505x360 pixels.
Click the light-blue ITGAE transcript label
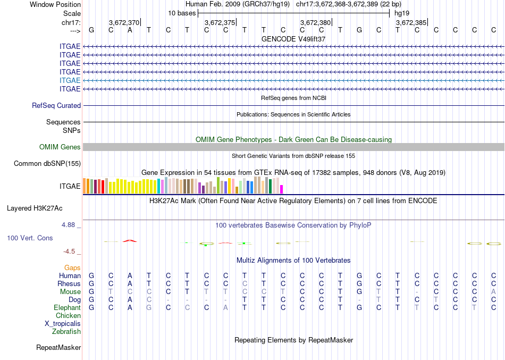(x=70, y=80)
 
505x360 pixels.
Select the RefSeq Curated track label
(x=56, y=106)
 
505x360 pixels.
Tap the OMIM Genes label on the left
(x=60, y=147)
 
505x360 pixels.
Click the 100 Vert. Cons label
(x=30, y=238)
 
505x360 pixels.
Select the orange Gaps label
(x=72, y=267)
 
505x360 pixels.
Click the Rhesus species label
(x=69, y=284)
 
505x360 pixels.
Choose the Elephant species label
(x=68, y=307)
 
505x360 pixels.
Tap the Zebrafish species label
(x=66, y=331)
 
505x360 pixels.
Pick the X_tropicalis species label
(x=63, y=323)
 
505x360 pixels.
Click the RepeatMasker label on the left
(x=58, y=348)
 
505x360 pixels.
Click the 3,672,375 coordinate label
(x=219, y=23)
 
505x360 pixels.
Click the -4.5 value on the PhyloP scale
(x=71, y=252)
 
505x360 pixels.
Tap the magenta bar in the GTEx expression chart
(x=282, y=189)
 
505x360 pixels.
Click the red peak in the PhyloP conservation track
(x=130, y=241)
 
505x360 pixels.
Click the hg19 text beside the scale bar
(x=401, y=13)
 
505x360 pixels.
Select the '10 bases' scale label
(x=182, y=13)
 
